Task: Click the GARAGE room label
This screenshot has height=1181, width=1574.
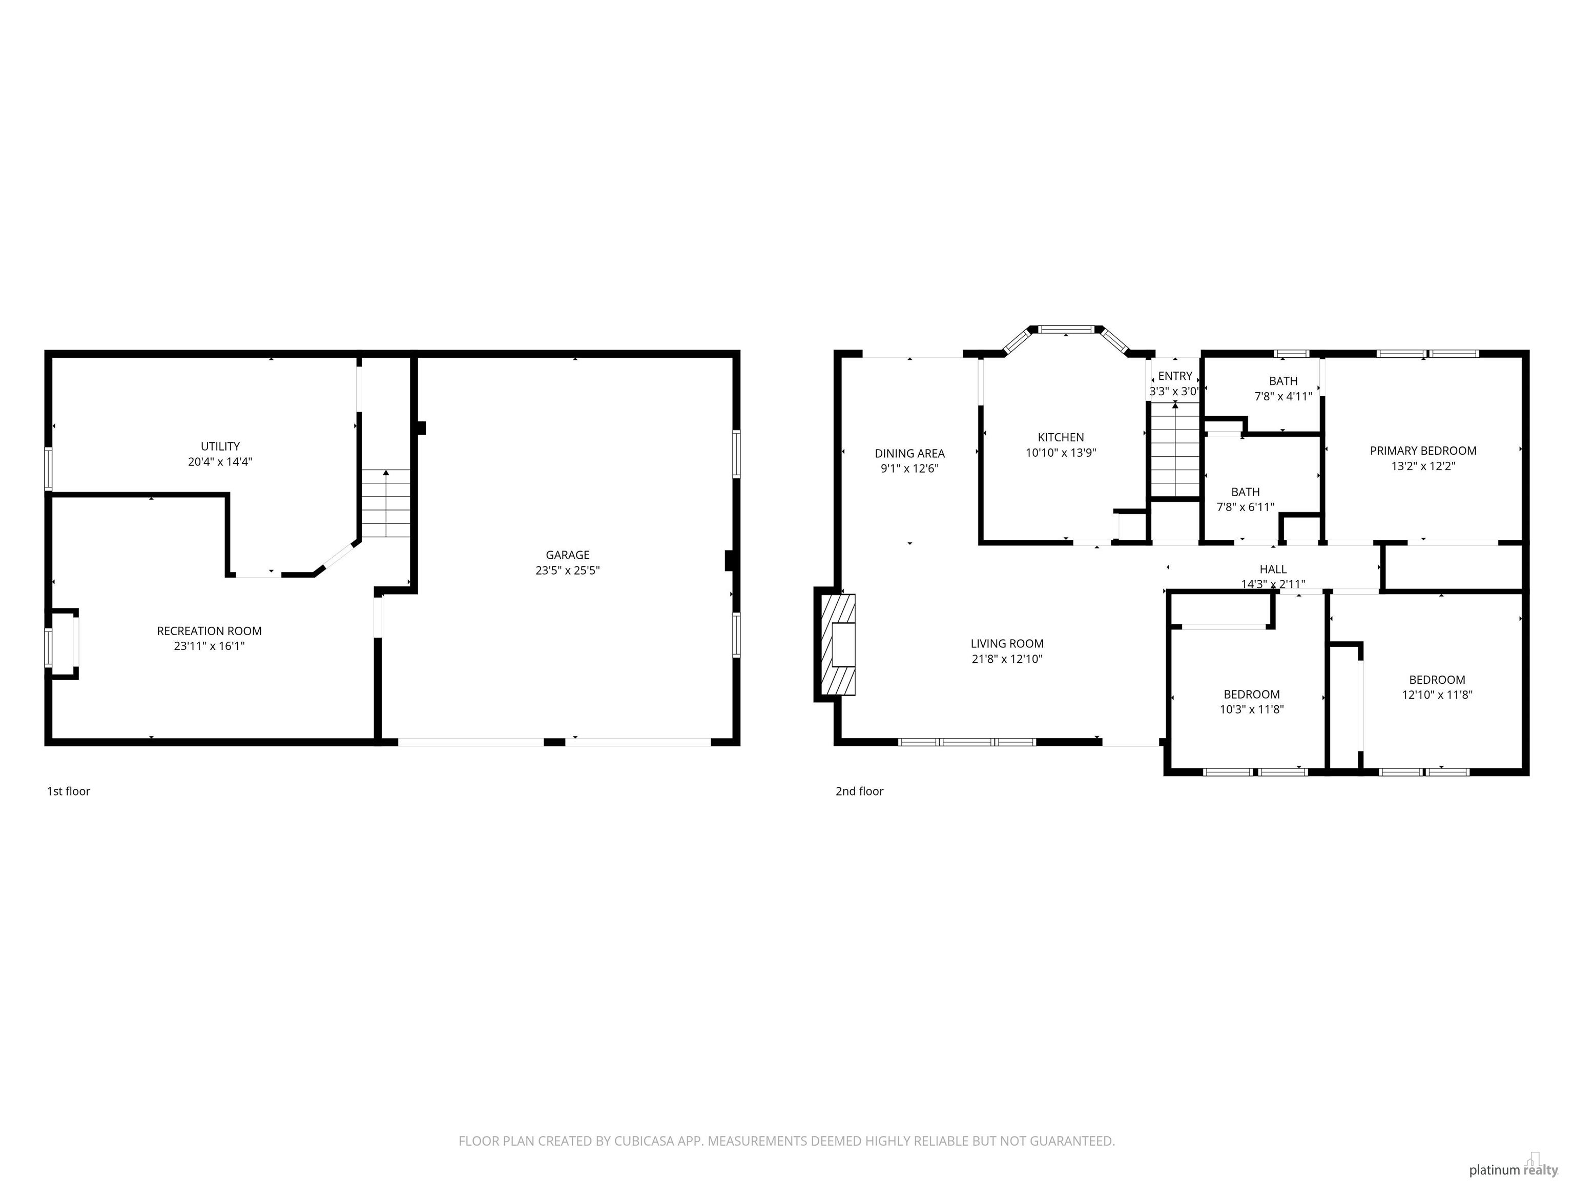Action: (x=568, y=555)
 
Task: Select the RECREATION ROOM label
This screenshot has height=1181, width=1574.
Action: (x=209, y=630)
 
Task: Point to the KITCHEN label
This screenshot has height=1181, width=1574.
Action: (x=1061, y=437)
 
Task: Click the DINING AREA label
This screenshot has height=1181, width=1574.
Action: (x=909, y=454)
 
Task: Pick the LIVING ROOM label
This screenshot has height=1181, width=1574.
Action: (x=1007, y=643)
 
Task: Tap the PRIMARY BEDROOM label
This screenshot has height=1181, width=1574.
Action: (x=1423, y=451)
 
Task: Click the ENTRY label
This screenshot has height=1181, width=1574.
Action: (x=1175, y=376)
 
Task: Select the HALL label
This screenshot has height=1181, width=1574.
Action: (x=1273, y=569)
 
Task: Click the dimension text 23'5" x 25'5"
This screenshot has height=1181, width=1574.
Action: (x=568, y=570)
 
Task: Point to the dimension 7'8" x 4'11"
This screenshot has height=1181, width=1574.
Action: (x=1283, y=397)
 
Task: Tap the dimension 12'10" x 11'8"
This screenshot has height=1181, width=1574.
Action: (x=1437, y=695)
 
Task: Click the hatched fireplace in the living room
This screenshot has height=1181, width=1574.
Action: (x=838, y=644)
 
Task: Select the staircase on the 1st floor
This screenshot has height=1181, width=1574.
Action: (x=386, y=503)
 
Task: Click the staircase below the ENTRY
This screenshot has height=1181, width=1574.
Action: (x=1175, y=449)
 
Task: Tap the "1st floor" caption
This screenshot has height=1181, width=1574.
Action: (x=68, y=791)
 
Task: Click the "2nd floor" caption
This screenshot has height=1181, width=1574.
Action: (x=860, y=791)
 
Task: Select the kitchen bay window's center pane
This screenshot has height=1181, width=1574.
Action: (x=1065, y=330)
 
